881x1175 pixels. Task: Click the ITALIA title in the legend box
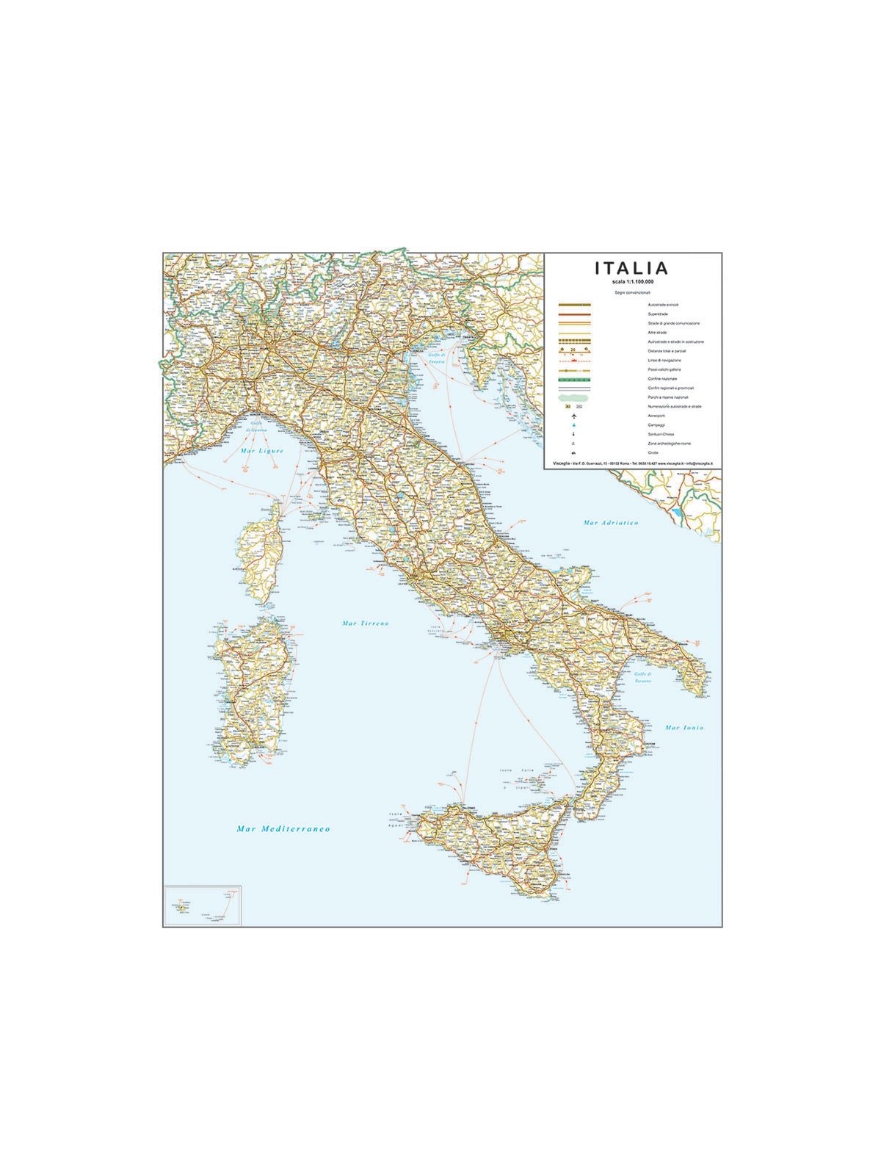[631, 268]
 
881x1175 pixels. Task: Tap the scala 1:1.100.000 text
[633, 282]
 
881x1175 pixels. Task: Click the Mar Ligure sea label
[261, 450]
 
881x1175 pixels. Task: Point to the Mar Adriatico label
[611, 523]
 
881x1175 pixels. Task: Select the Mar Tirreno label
[366, 623]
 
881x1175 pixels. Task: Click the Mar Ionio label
[684, 728]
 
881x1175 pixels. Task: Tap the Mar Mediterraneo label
[283, 828]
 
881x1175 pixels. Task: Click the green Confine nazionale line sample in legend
[575, 379]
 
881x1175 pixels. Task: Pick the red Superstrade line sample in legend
[575, 314]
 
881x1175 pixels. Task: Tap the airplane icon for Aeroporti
[573, 416]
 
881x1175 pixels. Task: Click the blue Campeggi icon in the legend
[573, 425]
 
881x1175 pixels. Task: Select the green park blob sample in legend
[573, 397]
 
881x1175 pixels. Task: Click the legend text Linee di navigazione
[664, 361]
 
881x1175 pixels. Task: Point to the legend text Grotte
[653, 453]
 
